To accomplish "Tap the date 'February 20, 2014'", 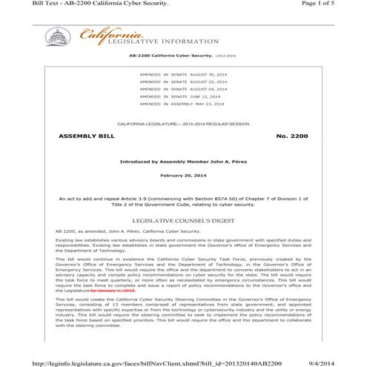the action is [x=182, y=176].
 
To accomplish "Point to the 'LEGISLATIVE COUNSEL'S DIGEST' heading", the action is [x=183, y=221].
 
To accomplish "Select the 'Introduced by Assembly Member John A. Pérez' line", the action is [x=182, y=161].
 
